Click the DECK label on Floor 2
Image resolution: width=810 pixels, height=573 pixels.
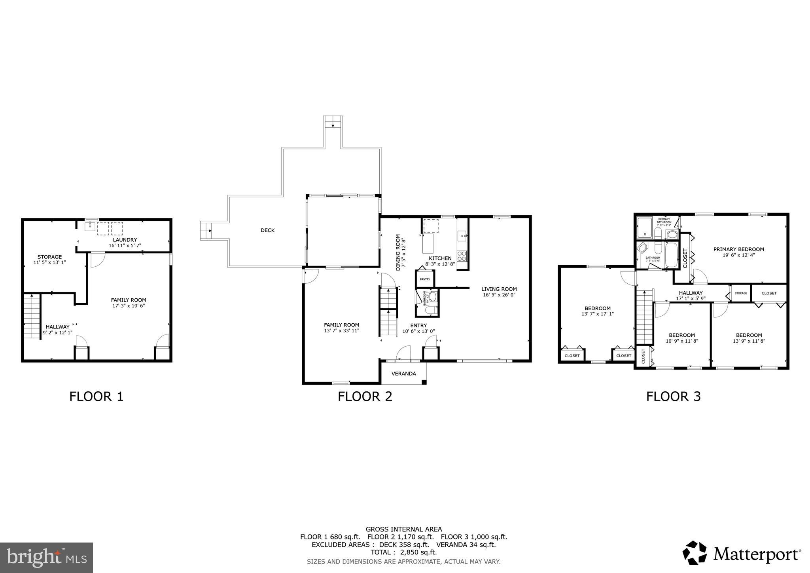(267, 230)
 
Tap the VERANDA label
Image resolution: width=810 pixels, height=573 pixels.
(403, 374)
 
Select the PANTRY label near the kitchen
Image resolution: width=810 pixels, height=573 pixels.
(425, 279)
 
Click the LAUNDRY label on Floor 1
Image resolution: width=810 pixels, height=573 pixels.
(125, 240)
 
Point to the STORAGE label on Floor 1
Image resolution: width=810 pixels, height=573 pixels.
(49, 257)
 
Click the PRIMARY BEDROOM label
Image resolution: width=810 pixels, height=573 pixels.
(738, 249)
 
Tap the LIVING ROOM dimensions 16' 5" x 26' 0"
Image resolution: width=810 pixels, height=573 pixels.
(499, 295)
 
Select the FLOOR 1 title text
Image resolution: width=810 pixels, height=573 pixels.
(96, 396)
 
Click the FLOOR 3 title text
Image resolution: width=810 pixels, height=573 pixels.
(673, 396)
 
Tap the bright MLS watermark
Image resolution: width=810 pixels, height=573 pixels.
(46, 557)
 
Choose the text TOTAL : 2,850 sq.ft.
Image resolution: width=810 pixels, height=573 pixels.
(403, 552)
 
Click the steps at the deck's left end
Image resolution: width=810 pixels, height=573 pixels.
(206, 230)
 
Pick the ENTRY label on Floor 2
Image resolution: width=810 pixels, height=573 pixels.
(418, 325)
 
